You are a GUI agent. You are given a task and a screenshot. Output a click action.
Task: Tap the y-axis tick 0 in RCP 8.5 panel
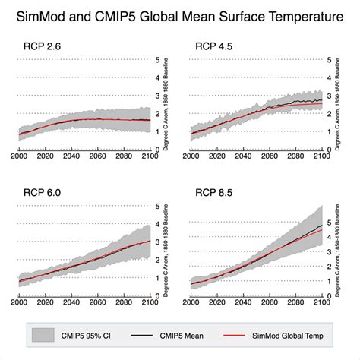click(328, 295)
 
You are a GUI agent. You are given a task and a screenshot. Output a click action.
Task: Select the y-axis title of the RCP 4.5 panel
click(336, 103)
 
